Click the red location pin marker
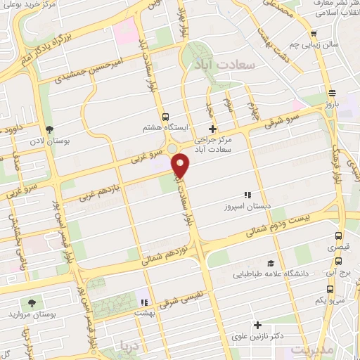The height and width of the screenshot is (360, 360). tap(181, 165)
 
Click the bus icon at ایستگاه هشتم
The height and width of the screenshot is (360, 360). tap(165, 117)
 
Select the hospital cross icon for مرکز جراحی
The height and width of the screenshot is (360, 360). tap(213, 129)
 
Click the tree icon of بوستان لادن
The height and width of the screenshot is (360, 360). tap(49, 129)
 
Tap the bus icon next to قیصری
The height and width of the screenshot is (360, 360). tap(339, 236)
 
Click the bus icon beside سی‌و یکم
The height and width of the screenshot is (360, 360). tap(330, 289)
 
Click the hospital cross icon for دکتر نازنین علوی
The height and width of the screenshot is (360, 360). tap(259, 325)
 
